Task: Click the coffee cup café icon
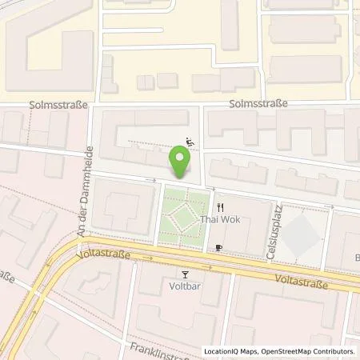pyautogui.click(x=218, y=248)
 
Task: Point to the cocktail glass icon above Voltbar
pyautogui.click(x=185, y=273)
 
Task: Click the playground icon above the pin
pyautogui.click(x=190, y=143)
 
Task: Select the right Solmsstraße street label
pyautogui.click(x=257, y=105)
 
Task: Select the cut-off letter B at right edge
pyautogui.click(x=356, y=258)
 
